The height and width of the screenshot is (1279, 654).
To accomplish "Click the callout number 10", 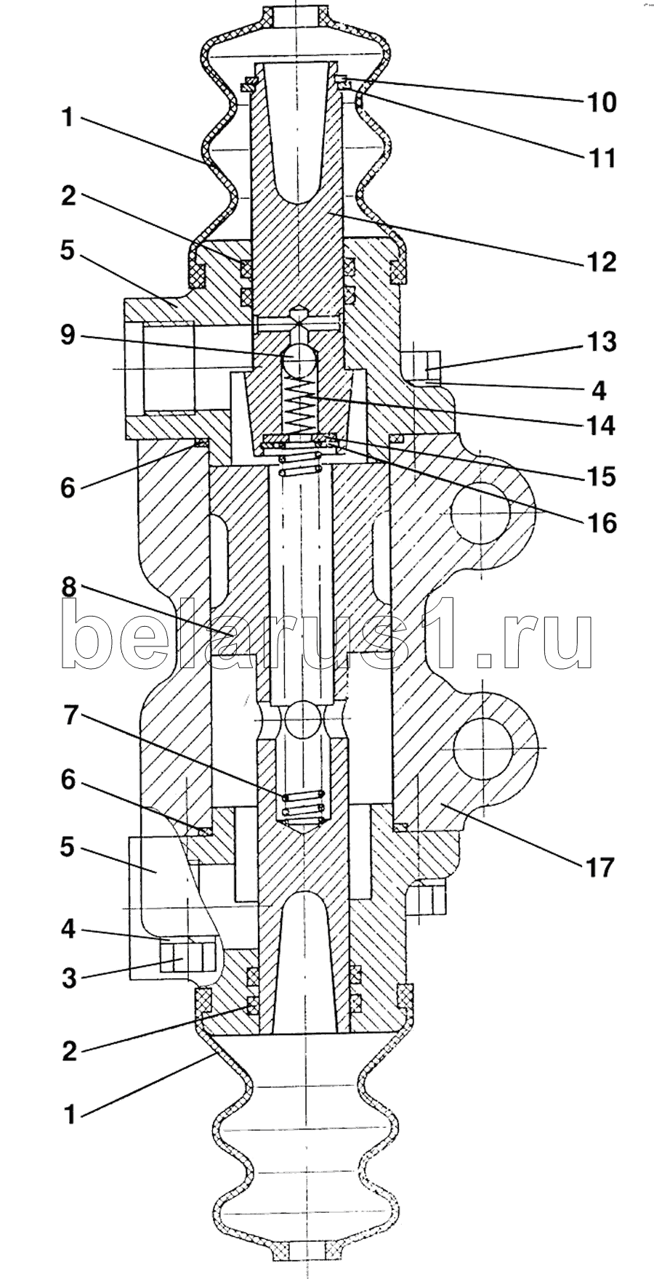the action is pos(600,102).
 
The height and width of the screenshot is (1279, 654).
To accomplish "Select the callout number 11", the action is pos(600,158).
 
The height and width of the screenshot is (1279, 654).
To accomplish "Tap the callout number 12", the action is pos(600,261).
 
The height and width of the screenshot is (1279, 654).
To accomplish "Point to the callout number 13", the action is pos(600,341).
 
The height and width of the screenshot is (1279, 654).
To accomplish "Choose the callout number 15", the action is pos(600,476).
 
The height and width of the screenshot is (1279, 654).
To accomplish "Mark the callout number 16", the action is pos(600,522).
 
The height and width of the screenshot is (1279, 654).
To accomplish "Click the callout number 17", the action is pos(600,866).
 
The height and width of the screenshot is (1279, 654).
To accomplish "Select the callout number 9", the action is pos(68,337).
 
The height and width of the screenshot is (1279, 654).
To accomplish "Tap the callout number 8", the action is pos(68,588).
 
